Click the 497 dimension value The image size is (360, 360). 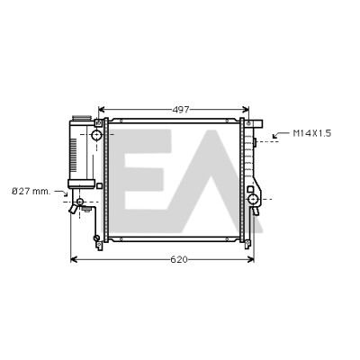tap(181, 110)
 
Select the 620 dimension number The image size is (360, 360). tap(179, 259)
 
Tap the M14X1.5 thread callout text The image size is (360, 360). tap(312, 133)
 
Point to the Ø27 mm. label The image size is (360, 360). tap(31, 192)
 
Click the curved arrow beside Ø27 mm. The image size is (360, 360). tap(61, 193)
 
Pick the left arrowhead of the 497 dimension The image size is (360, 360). tap(102, 110)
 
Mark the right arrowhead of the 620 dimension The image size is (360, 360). tap(251, 259)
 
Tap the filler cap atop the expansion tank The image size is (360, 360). tap(81, 118)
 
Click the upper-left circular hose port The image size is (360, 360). tap(96, 135)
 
